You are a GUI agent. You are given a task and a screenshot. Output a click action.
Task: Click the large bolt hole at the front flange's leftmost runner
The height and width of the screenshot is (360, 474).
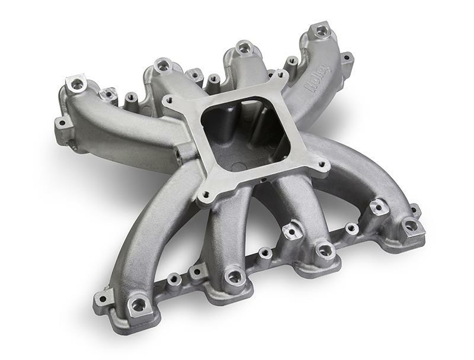click(x=137, y=304)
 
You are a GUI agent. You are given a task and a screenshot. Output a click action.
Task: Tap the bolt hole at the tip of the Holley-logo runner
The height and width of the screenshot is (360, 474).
click(x=321, y=29)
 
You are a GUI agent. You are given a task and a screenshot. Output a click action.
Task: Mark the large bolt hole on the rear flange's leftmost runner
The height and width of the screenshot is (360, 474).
click(x=77, y=85)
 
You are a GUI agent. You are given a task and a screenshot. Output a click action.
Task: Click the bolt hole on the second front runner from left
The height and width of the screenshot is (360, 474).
click(x=234, y=276)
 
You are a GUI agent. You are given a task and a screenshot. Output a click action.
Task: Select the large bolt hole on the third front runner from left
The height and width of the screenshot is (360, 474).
click(x=324, y=250)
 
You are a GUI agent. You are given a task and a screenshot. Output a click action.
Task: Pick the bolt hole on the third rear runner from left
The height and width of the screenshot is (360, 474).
click(x=244, y=47)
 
